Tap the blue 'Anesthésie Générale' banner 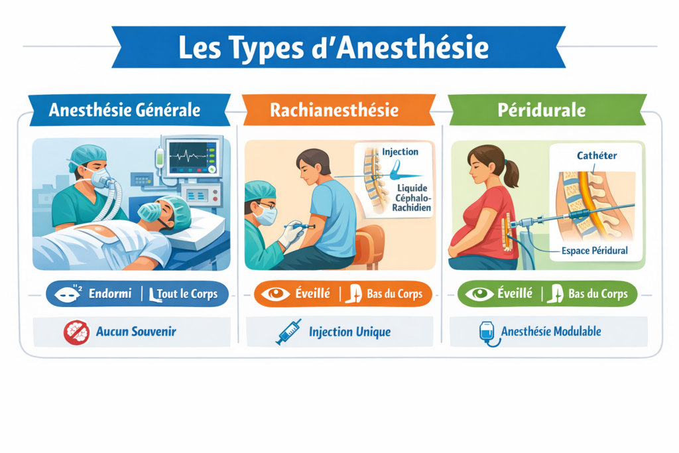pos(124,110)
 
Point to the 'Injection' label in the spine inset pos(400,152)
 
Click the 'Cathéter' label pos(597,156)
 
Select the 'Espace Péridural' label pos(594,251)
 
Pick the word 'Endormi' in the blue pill pos(110,294)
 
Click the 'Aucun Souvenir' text pos(136,332)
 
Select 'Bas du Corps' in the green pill pos(599,294)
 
